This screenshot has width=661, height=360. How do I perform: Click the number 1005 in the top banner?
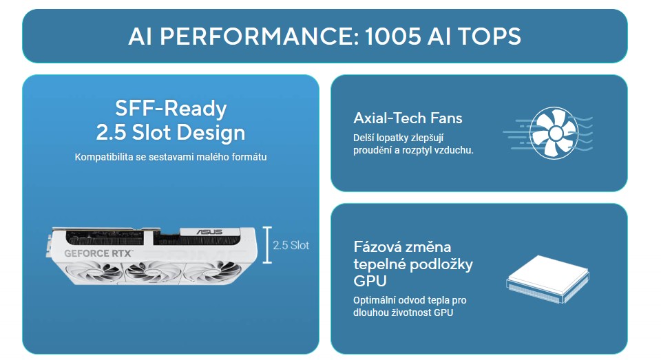(393, 36)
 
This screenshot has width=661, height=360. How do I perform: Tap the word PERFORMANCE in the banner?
(259, 36)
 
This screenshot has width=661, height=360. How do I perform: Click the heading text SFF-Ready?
(171, 108)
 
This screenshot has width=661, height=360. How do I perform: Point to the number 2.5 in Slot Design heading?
(111, 132)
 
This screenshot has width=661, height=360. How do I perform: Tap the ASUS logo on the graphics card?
(209, 232)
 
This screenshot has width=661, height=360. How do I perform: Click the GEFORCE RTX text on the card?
(98, 253)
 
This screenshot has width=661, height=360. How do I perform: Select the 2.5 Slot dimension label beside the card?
(291, 245)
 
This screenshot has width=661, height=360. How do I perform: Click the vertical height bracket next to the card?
(267, 245)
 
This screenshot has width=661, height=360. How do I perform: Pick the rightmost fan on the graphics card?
(211, 271)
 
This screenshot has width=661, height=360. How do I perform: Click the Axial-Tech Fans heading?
(408, 118)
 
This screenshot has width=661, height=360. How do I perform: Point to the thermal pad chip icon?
(547, 279)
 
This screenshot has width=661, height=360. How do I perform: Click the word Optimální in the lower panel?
(375, 301)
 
